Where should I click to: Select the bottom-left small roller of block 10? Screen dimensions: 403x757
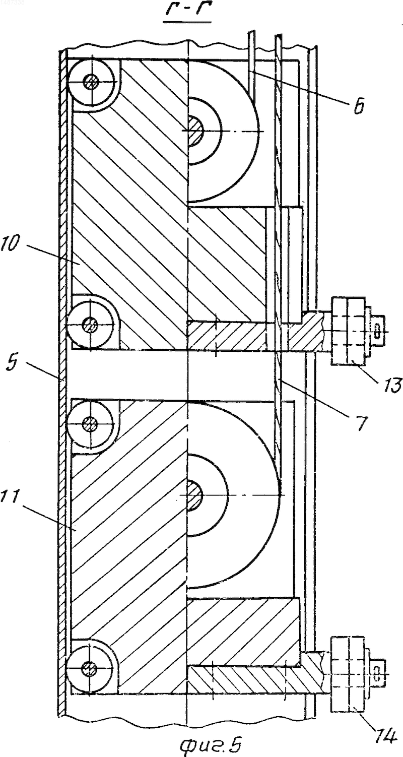90,325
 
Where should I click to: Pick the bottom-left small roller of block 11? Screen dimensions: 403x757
90,668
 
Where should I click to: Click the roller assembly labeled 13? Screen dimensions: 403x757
348,331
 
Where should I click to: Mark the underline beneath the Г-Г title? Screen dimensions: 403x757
187,22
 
